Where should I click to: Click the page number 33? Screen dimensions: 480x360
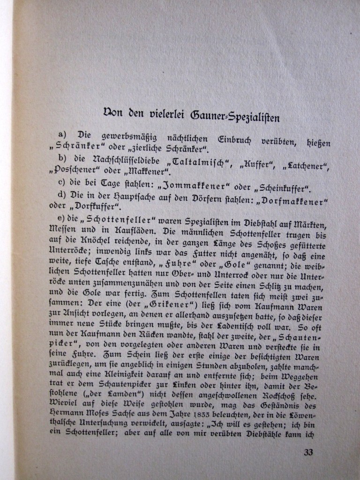tap(308, 452)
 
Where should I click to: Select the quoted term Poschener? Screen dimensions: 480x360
tap(82, 169)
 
